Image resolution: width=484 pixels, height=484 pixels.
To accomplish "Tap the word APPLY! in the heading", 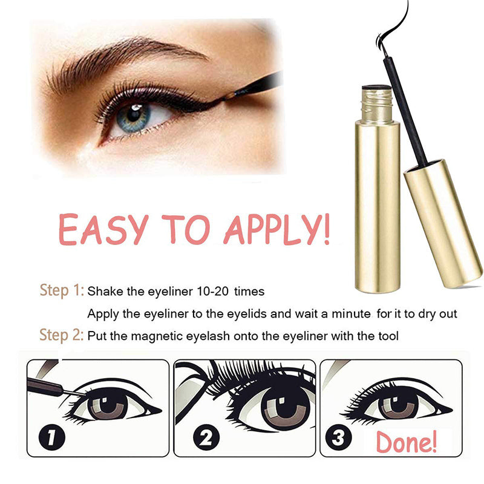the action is click(x=277, y=229).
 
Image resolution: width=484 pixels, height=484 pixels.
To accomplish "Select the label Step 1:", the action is click(x=62, y=290).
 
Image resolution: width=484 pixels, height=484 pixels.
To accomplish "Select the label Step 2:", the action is click(x=62, y=335).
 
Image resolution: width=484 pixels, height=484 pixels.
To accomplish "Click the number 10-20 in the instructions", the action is click(x=212, y=292).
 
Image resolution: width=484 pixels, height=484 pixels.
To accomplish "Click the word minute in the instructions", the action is click(x=351, y=314).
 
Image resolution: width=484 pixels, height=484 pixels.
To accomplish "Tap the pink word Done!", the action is click(x=407, y=442).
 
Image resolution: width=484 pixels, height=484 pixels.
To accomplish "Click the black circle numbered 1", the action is click(x=52, y=437).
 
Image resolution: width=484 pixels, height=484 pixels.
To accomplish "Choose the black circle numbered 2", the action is click(x=206, y=437).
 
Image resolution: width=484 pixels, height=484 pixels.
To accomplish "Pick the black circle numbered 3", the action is click(x=338, y=437).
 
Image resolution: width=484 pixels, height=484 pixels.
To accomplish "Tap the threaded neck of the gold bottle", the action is click(x=377, y=103).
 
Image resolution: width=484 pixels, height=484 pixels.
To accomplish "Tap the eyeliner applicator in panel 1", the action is click(x=56, y=388).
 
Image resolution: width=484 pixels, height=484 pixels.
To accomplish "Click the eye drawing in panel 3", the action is click(x=396, y=403).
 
